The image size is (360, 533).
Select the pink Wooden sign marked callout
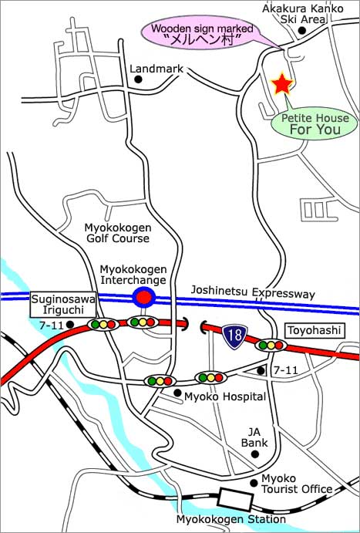point(200,34)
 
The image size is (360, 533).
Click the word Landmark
point(156,69)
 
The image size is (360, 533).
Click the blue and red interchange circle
point(142,297)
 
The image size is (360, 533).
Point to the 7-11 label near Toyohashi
point(285,371)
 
